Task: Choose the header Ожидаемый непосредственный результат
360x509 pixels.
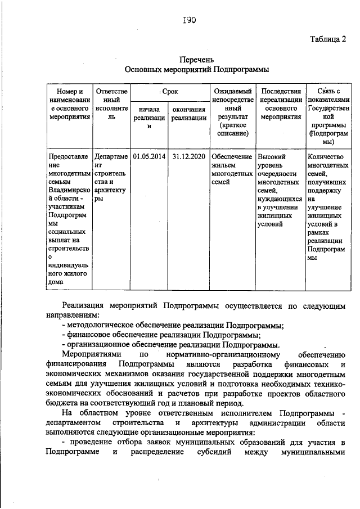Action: click(x=231, y=112)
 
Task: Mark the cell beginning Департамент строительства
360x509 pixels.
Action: click(x=112, y=176)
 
